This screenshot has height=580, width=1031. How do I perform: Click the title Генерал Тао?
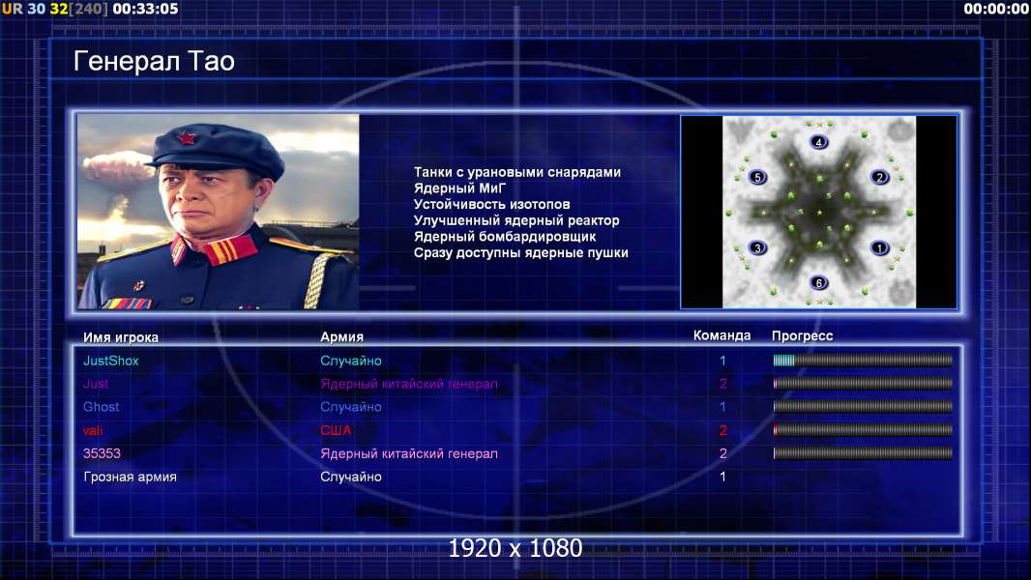154,61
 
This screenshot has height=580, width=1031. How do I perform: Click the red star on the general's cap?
186,138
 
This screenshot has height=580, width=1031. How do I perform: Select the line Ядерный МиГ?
459,188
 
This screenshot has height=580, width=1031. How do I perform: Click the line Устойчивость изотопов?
492,204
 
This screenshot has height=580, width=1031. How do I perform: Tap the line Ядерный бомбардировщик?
505,237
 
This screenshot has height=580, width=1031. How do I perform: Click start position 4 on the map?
818,142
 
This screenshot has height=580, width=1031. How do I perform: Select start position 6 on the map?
818,282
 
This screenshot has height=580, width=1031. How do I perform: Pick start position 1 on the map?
879,247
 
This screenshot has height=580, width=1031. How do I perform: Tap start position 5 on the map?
757,177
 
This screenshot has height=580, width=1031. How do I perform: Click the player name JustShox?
111,361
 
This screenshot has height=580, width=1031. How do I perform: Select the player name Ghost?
102,407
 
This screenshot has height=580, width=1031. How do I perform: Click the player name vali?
93,430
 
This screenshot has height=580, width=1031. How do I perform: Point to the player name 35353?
102,453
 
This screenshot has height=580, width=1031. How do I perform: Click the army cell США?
336,430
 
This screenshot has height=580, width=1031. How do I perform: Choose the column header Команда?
722,335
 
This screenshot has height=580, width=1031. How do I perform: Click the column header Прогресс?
802,335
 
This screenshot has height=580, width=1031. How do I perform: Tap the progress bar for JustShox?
863,360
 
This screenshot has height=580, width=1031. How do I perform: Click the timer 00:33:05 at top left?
145,9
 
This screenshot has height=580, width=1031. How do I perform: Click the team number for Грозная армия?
722,477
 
